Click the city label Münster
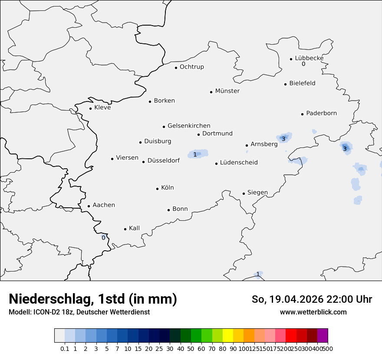[x=227, y=91]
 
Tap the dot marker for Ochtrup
[x=176, y=68]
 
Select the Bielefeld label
[x=302, y=83]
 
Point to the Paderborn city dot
[x=303, y=114]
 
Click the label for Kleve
[x=102, y=108]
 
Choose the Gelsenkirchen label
[x=189, y=126]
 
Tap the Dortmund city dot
[x=199, y=134]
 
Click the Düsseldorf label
[x=164, y=160]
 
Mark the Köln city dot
[x=158, y=189]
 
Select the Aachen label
[x=104, y=205]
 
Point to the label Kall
[x=134, y=228]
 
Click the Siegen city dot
[x=244, y=194]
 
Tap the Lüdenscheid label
[x=239, y=163]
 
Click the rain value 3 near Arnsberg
[x=283, y=139]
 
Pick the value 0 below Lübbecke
[x=303, y=64]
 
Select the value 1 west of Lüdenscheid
[x=195, y=154]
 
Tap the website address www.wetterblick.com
[x=313, y=312]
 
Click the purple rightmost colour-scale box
[x=323, y=336]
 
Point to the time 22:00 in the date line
[x=329, y=299]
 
